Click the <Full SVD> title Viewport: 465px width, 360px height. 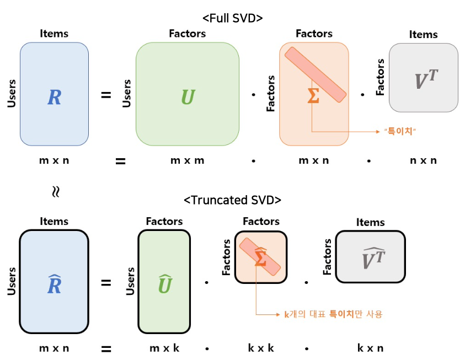pos(232,18)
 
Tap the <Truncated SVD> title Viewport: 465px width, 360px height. pos(232,200)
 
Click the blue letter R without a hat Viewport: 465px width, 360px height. pos(54,98)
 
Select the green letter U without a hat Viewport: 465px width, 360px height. pos(188,98)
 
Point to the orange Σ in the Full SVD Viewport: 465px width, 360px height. pos(313,95)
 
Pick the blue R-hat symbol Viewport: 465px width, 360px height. pos(54,284)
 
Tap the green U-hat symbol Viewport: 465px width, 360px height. pos(165,284)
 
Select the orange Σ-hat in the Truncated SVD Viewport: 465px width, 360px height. pos(260,258)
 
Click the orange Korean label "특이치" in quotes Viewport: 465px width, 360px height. pos(399,132)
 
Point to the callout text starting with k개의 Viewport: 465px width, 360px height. pos(333,314)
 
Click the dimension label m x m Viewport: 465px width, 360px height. pos(187,160)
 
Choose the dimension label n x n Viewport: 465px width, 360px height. pos(423,160)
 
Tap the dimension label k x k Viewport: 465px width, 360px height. pos(260,348)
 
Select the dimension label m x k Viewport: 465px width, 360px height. pos(164,348)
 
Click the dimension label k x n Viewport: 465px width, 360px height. pos(370,348)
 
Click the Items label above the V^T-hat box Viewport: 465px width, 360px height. pos(370,222)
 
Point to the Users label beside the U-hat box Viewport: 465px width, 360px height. pos(131,281)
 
